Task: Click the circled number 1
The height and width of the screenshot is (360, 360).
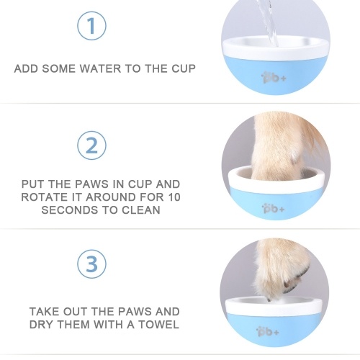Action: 91,26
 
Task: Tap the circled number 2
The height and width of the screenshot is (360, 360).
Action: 91,145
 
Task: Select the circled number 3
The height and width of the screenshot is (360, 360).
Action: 91,264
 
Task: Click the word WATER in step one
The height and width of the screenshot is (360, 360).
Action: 101,68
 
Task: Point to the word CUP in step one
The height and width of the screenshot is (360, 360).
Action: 184,68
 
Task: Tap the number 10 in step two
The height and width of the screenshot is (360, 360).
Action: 174,197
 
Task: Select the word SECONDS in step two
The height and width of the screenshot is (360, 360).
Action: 70,210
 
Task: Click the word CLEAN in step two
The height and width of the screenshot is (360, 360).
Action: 141,210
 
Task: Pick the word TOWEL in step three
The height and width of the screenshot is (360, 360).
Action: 158,325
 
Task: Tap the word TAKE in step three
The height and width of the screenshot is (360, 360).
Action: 45,312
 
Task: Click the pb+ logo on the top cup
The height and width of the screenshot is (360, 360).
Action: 274,78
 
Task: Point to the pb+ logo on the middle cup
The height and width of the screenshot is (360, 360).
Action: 274,208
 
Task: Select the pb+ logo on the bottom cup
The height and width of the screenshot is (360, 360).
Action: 268,331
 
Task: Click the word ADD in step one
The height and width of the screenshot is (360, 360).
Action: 26,68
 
